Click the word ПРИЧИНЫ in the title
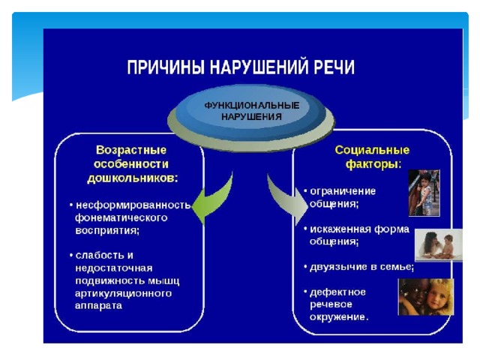[x=165, y=67]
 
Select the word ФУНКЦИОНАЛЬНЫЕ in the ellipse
[x=252, y=106]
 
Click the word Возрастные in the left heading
[x=131, y=150]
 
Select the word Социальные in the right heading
[x=372, y=150]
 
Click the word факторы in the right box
[x=371, y=165]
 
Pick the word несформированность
[x=133, y=205]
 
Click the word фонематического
[x=121, y=217]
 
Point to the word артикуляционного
[x=123, y=293]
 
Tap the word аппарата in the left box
[x=98, y=305]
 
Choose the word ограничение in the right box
[x=343, y=191]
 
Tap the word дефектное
[x=337, y=292]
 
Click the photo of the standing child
[x=424, y=193]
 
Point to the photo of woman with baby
[x=438, y=245]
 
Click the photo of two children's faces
[x=426, y=297]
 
